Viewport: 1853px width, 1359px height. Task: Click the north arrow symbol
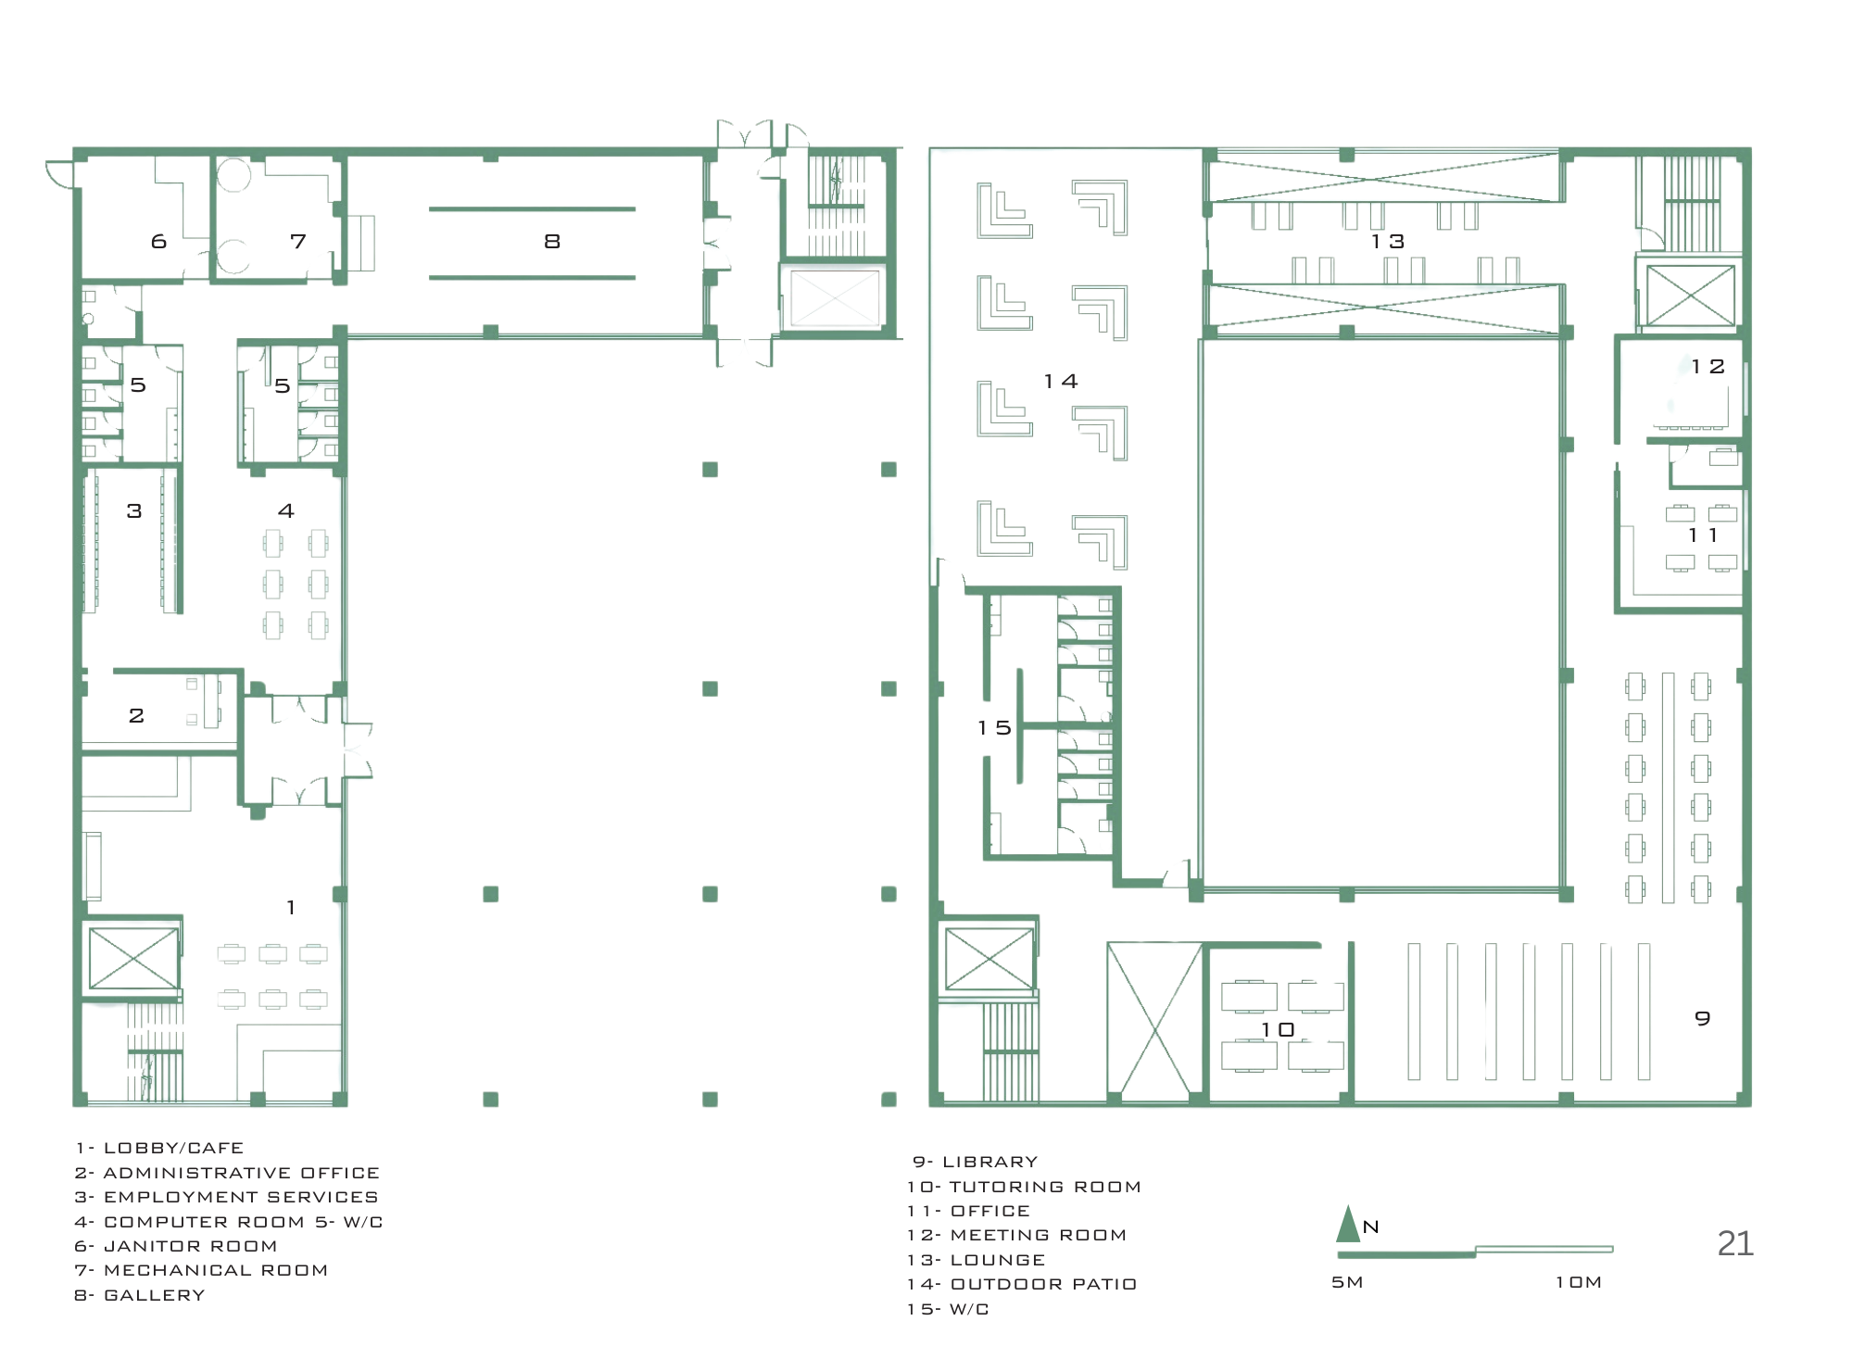(1347, 1224)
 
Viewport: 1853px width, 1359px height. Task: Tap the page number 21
(1735, 1243)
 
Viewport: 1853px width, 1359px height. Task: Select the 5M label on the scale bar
(1347, 1282)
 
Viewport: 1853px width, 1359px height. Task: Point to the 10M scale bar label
(1579, 1282)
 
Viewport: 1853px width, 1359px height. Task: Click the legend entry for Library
(975, 1162)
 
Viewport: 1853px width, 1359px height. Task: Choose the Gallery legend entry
(140, 1295)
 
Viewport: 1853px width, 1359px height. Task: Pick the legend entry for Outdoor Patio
(1022, 1284)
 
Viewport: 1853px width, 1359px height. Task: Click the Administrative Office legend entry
(227, 1173)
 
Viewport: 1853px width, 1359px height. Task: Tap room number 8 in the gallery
(552, 242)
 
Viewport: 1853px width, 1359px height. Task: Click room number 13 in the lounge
(1388, 242)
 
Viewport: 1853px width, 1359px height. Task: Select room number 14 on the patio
(1060, 382)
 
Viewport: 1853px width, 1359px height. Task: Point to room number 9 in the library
(1703, 1018)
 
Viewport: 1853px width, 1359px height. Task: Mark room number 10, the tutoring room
(1277, 1030)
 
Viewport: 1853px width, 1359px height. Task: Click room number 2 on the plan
(136, 715)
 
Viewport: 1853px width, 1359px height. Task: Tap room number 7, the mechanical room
(297, 242)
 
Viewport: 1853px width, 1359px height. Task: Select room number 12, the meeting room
(1708, 367)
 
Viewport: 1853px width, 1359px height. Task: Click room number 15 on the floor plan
(993, 728)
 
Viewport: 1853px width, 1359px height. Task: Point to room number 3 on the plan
(134, 510)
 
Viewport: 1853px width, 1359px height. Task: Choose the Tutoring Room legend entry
(1024, 1187)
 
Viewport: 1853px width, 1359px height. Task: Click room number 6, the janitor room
(158, 242)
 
